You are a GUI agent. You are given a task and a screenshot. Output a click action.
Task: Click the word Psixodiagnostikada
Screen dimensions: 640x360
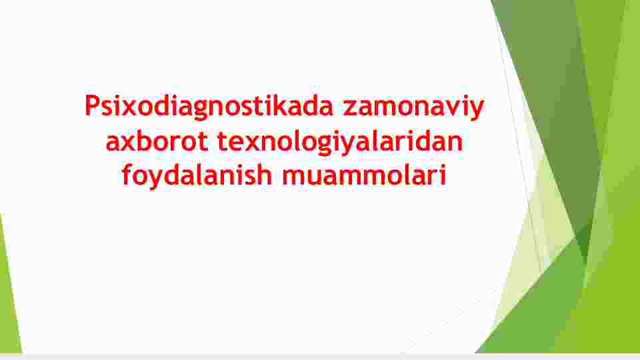[x=209, y=107]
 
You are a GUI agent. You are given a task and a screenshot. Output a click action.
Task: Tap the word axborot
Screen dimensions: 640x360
[x=157, y=141]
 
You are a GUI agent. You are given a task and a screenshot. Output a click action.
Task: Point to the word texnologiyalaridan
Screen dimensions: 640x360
[x=339, y=142]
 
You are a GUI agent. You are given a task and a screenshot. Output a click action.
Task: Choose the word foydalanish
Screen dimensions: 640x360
[x=197, y=175]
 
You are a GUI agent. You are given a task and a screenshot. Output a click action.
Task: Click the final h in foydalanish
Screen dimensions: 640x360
[x=265, y=175]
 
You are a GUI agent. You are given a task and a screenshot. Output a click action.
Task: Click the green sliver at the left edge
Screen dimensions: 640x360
[x=8, y=294]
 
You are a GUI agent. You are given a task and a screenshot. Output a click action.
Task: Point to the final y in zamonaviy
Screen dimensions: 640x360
[x=476, y=111]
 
